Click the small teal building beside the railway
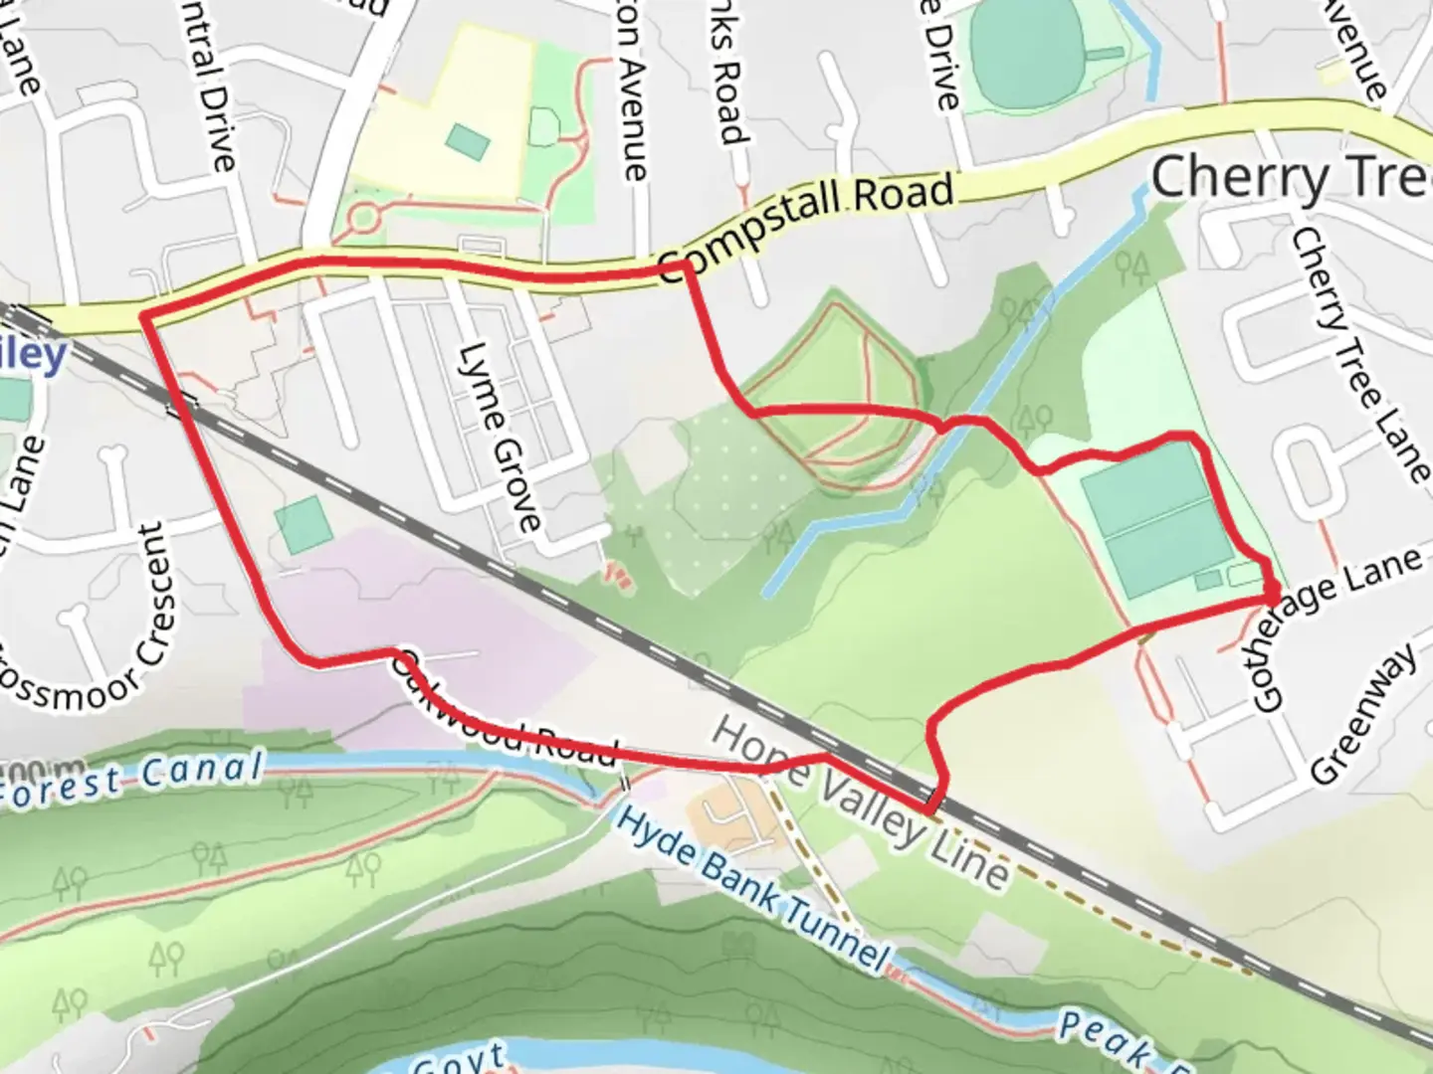pyautogui.click(x=303, y=525)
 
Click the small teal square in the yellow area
pyautogui.click(x=467, y=142)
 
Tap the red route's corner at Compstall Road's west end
pyautogui.click(x=145, y=316)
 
